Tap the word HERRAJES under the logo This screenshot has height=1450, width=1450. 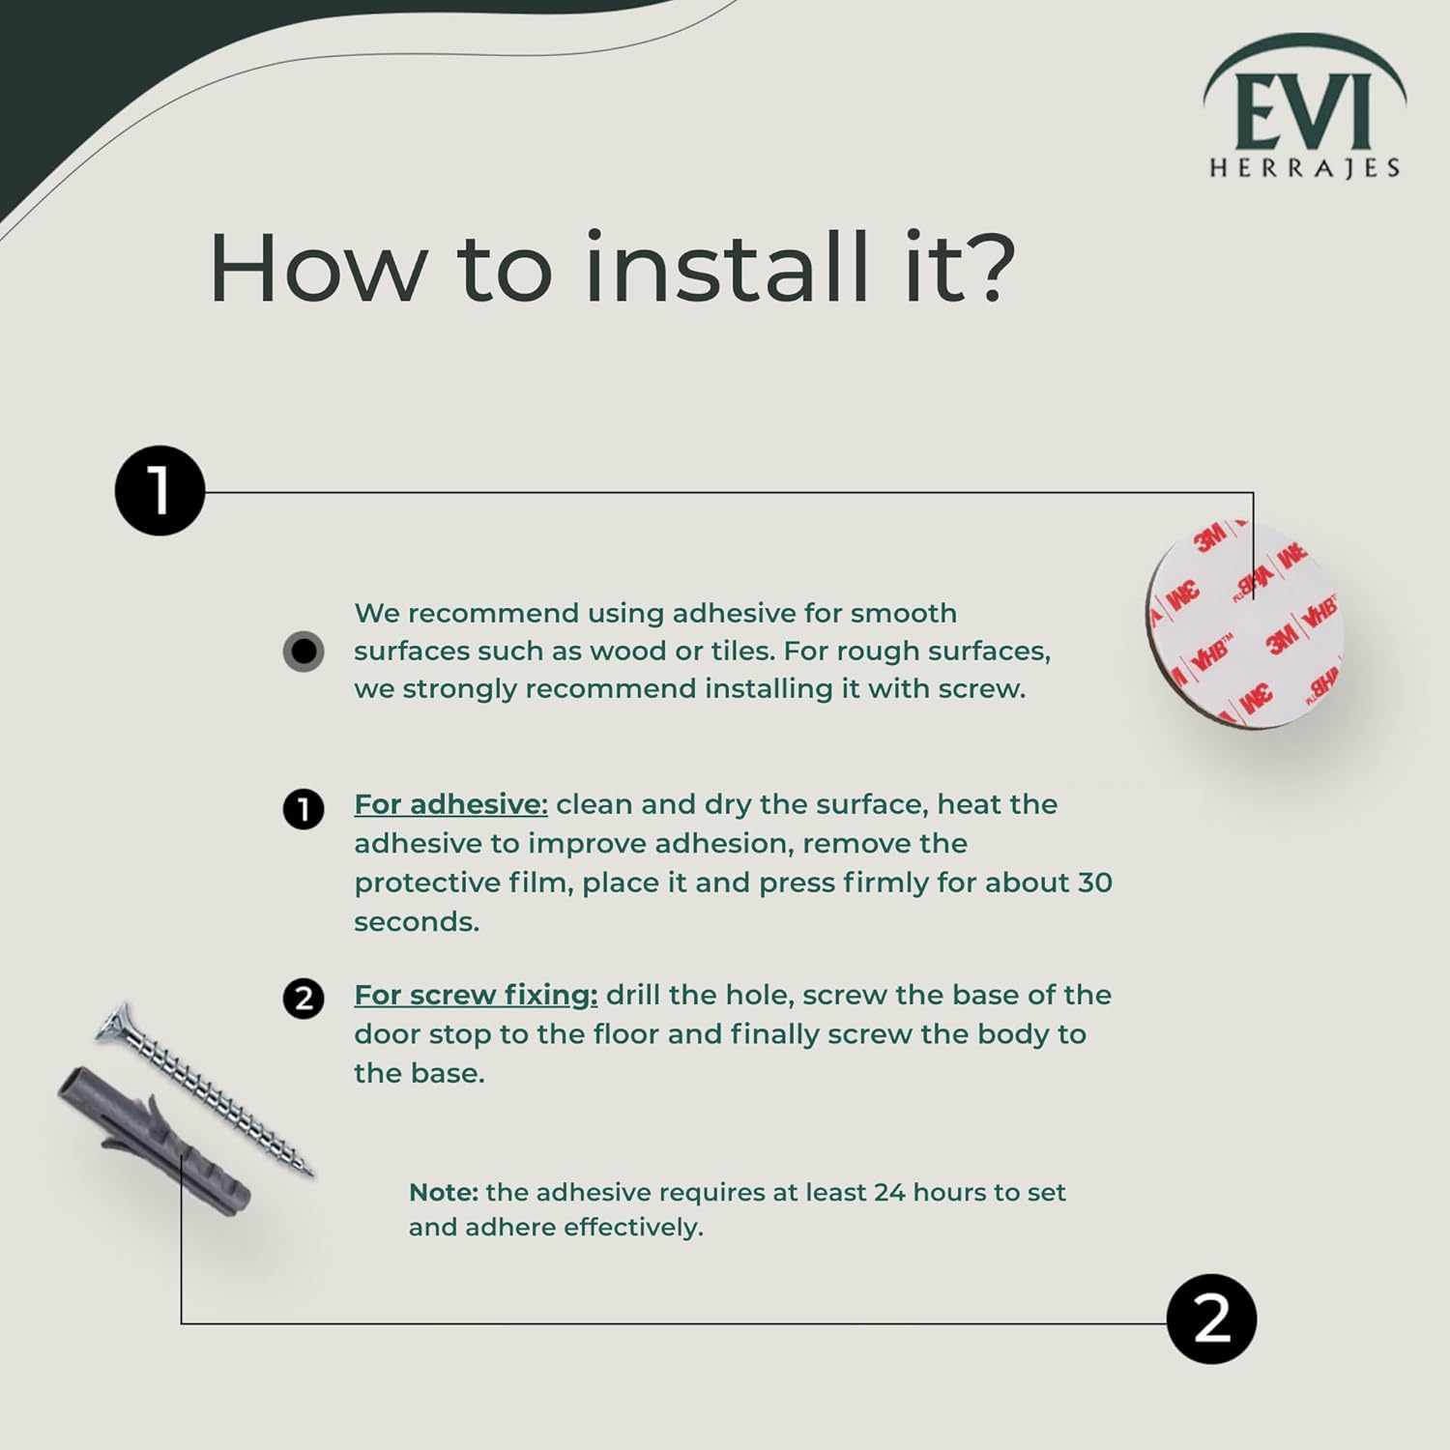[x=1304, y=168]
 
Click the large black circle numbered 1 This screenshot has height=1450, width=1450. [x=159, y=490]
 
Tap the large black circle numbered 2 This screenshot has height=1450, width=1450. [x=1211, y=1319]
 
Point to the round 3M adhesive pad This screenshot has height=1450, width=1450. [x=1245, y=623]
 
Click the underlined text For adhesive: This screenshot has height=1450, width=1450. [x=450, y=804]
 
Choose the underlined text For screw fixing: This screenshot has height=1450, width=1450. [x=476, y=995]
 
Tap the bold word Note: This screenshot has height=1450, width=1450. [x=444, y=1192]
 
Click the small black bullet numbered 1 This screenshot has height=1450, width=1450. [x=304, y=809]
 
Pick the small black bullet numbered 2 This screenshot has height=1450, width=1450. [x=304, y=999]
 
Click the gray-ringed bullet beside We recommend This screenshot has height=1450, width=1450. [x=304, y=652]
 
